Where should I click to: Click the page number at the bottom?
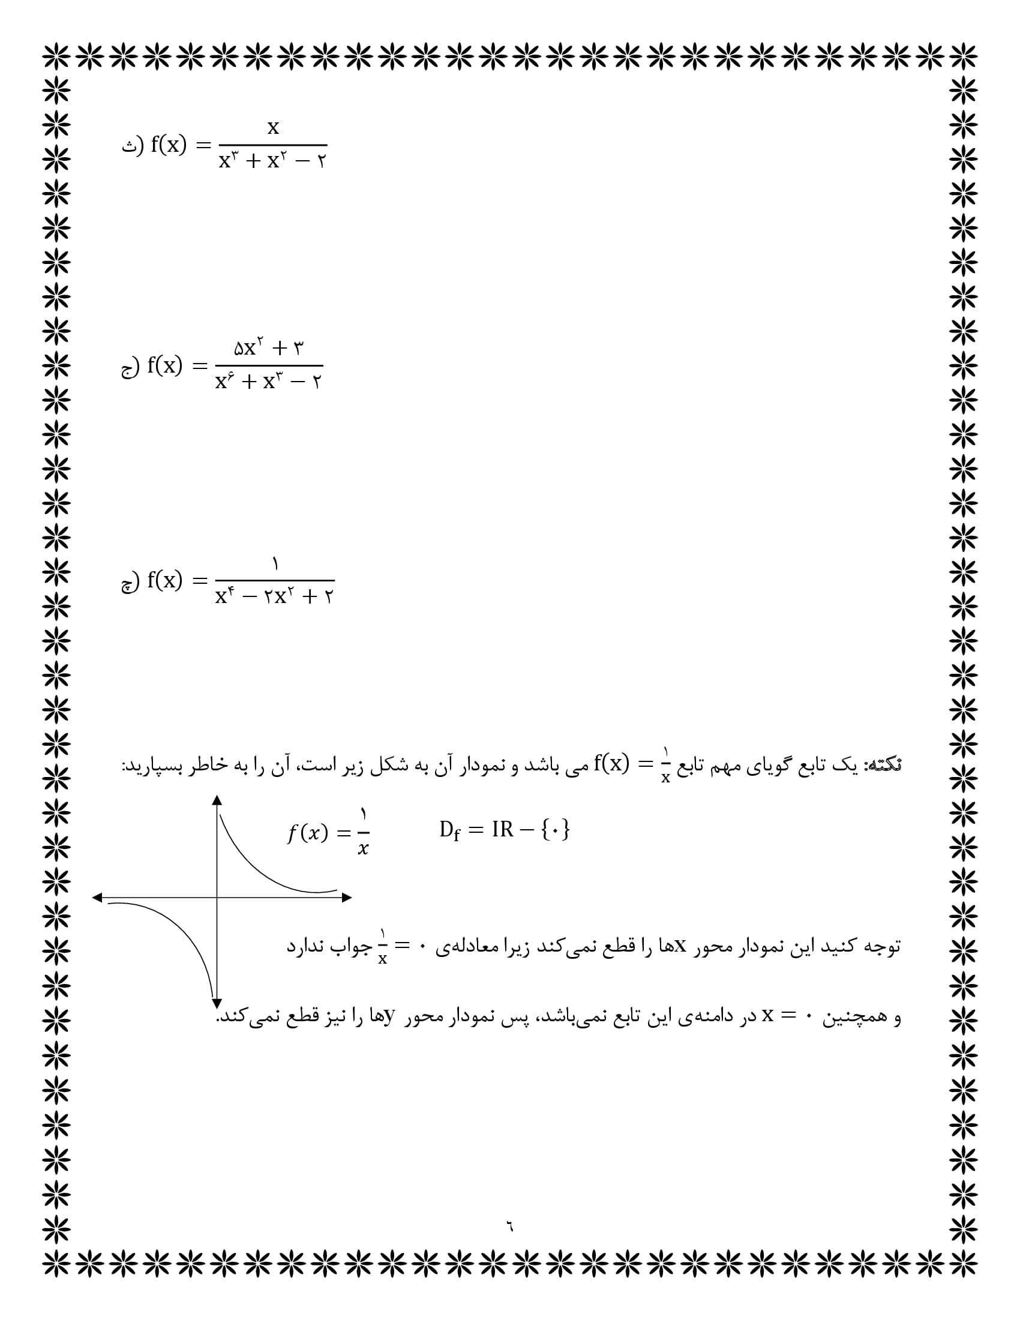tap(509, 1227)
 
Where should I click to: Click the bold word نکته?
tap(883, 765)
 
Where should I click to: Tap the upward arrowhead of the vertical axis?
tap(217, 800)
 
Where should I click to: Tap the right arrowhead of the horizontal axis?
tap(347, 898)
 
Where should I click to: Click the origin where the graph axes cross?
tap(217, 898)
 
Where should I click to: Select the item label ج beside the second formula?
tap(127, 367)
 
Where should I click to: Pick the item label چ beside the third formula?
tap(127, 583)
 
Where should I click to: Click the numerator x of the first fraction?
tap(273, 128)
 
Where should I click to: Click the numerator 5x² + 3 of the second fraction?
tap(269, 348)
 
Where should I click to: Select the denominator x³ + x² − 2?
tap(272, 161)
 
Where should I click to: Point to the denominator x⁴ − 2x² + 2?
tap(274, 597)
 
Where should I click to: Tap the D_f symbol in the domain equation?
tap(449, 831)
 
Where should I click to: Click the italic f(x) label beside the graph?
tap(307, 833)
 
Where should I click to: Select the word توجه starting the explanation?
tap(884, 946)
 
